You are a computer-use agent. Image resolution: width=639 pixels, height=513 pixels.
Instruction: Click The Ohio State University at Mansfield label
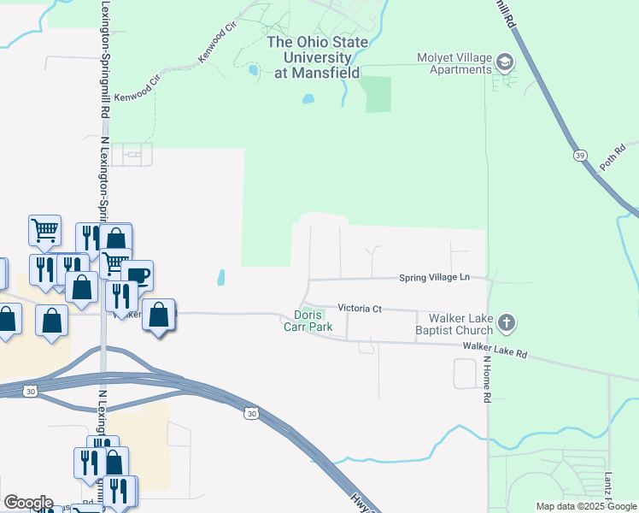tap(317, 57)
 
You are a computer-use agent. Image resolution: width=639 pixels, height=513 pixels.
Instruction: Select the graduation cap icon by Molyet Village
tap(504, 62)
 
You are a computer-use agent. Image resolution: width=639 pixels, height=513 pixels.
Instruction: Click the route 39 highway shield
tap(579, 155)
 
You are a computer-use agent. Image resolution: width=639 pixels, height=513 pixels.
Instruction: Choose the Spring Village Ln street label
tap(435, 278)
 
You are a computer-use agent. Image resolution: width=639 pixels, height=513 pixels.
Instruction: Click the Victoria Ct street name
tap(359, 308)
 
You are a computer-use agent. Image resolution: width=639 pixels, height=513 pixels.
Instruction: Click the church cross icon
tap(507, 322)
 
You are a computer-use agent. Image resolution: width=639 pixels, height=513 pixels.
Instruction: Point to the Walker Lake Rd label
tap(495, 348)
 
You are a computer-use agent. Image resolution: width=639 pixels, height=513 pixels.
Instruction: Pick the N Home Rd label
tap(489, 379)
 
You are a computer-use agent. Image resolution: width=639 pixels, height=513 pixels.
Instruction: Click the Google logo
tap(28, 503)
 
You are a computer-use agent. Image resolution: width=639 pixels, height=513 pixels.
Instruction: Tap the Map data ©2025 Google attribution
tap(586, 506)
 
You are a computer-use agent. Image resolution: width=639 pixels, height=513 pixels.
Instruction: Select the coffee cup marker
tap(137, 275)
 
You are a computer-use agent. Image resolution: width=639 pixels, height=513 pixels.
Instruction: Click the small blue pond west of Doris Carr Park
tap(221, 278)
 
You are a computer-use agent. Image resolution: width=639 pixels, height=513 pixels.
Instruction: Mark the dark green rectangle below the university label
tap(378, 94)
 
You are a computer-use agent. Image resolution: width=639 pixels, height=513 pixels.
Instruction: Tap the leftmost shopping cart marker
tap(44, 229)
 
